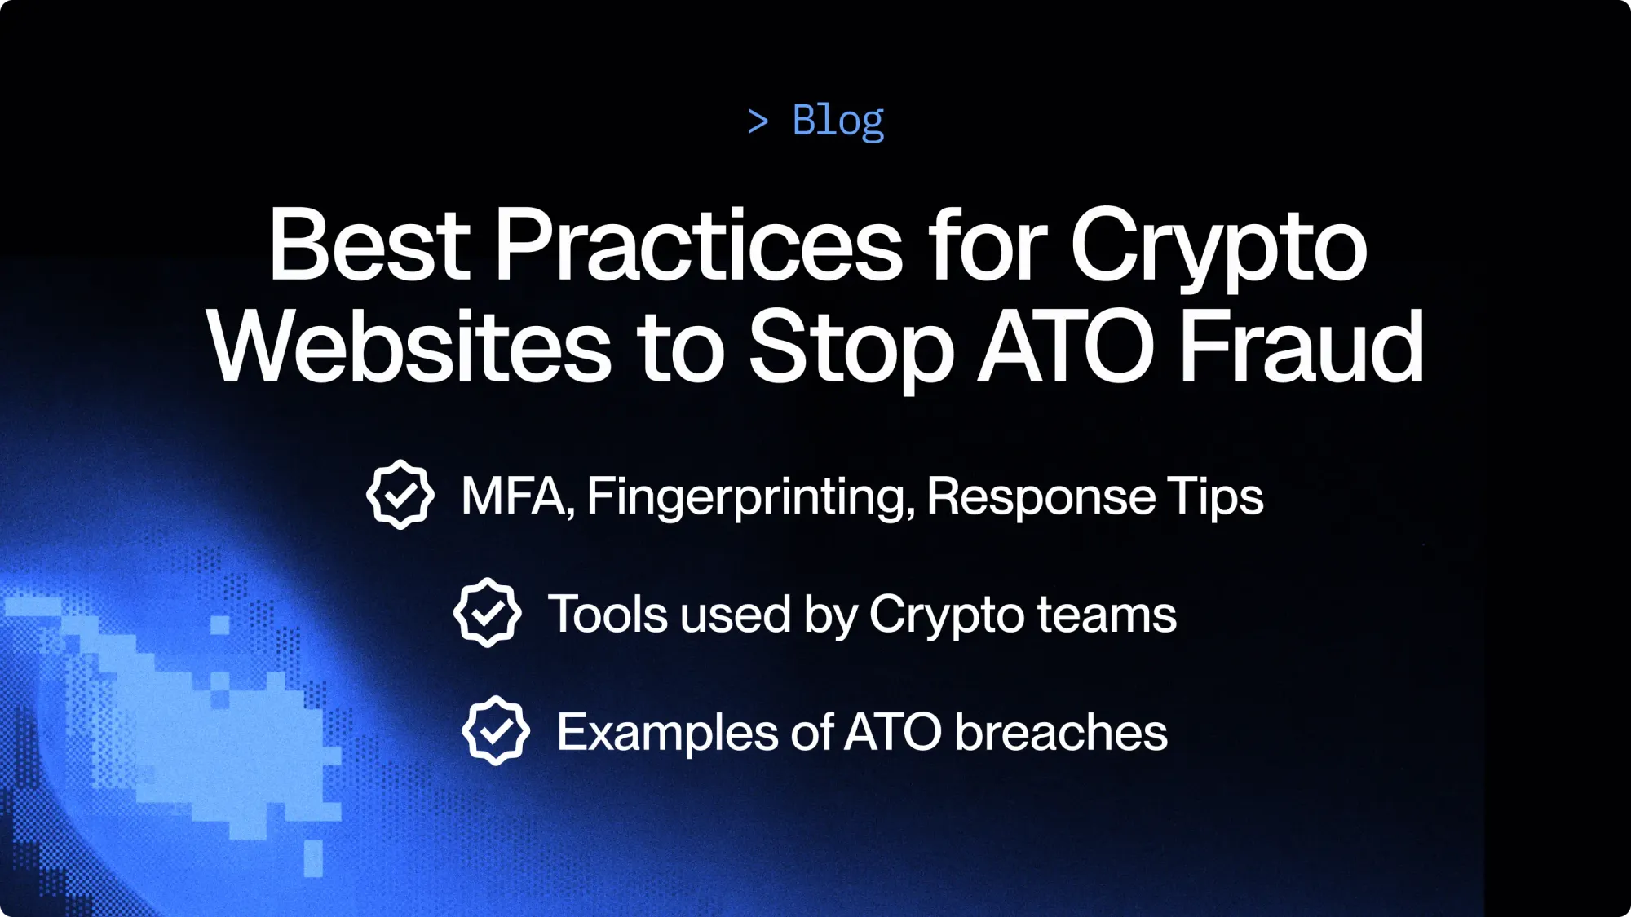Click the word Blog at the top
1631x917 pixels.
tap(838, 121)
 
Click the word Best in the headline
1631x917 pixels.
tap(369, 245)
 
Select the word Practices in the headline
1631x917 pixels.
tap(698, 245)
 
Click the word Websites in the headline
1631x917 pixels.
tap(409, 347)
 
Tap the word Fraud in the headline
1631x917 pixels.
tap(1302, 347)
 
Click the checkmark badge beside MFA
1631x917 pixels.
tap(400, 495)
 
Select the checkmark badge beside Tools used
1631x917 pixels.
tap(487, 613)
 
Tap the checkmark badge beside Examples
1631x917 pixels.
tap(495, 730)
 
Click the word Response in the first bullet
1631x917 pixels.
tap(1041, 497)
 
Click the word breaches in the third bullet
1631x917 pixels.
tap(1061, 732)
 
